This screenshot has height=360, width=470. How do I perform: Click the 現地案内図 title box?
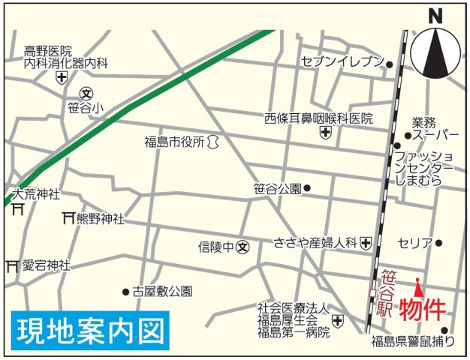click(x=88, y=331)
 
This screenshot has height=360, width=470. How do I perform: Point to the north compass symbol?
click(x=435, y=52)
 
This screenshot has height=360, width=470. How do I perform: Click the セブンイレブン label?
click(x=342, y=61)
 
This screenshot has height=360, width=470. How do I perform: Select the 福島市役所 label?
click(x=175, y=141)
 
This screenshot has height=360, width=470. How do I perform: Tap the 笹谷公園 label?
click(x=277, y=188)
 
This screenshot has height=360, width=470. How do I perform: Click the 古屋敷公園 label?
click(x=162, y=291)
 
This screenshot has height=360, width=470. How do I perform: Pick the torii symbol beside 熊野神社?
click(x=68, y=218)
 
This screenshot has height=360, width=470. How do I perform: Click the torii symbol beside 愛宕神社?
click(x=12, y=265)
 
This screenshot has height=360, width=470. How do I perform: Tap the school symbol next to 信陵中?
click(x=243, y=245)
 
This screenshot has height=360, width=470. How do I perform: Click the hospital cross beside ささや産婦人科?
click(x=366, y=242)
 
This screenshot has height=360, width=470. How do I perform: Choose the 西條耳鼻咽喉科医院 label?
click(x=318, y=118)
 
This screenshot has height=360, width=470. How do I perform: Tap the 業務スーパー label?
click(x=435, y=128)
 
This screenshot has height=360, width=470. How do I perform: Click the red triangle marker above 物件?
click(x=418, y=286)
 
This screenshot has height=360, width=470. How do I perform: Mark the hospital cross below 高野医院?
click(x=61, y=76)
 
